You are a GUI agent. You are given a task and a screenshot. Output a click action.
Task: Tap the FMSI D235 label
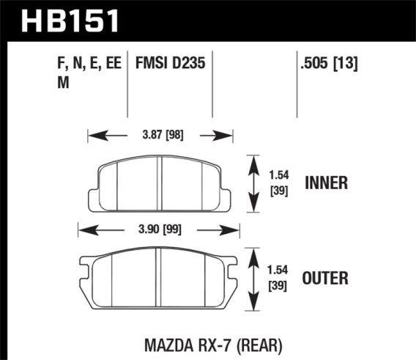[x=170, y=65]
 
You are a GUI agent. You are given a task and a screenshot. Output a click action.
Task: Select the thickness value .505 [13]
[x=327, y=65]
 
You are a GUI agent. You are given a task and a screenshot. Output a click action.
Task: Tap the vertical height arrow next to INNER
[x=253, y=183]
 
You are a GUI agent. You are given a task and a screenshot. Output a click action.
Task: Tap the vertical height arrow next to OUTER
[x=253, y=278]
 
